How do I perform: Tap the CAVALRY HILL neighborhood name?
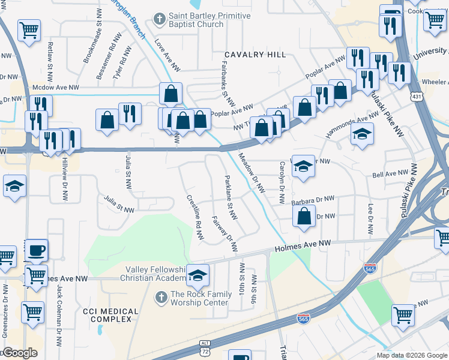point(255,55)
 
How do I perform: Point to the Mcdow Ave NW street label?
point(57,87)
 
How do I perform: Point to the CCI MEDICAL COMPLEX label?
point(110,315)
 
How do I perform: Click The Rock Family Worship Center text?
point(200,298)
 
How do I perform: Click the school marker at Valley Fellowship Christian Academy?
point(197,275)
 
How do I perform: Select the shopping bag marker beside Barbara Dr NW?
point(305,217)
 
